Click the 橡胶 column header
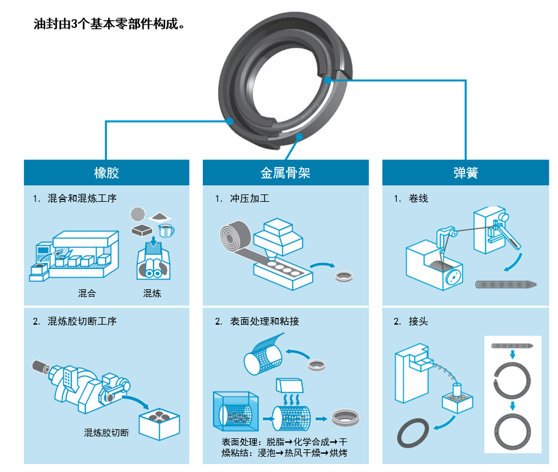106,172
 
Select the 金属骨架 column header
285,172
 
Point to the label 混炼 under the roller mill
152,293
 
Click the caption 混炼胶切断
106,432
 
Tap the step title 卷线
418,199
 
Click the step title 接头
418,321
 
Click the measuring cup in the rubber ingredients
166,230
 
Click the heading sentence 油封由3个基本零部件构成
109,25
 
